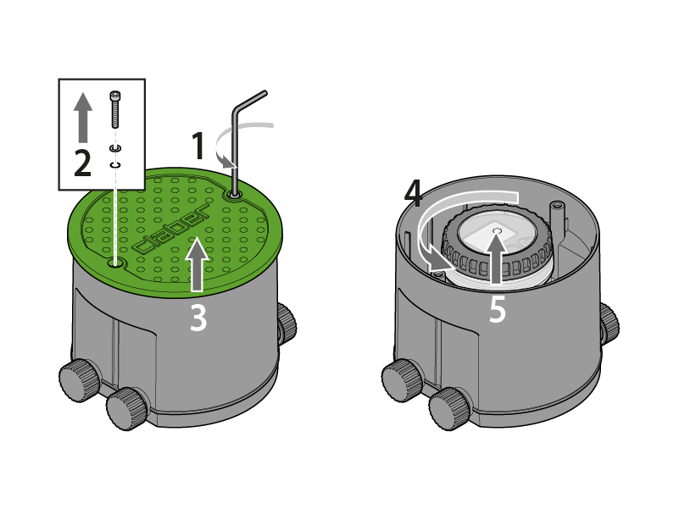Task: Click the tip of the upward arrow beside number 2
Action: pos(83,92)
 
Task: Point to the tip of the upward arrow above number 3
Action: pos(197,237)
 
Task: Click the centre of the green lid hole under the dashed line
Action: pos(114,263)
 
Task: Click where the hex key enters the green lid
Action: pos(234,196)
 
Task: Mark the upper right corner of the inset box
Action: pos(145,80)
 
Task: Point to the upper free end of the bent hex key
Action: pos(265,92)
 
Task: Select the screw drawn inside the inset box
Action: pos(114,109)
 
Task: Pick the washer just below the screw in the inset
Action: pos(114,148)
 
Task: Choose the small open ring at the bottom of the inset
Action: pos(114,165)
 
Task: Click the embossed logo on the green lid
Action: pos(170,230)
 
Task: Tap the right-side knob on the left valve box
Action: pos(287,324)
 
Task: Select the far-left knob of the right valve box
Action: pos(403,379)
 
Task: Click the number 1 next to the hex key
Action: pos(198,146)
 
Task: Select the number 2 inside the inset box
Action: pos(83,163)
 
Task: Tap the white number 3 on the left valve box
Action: pos(198,318)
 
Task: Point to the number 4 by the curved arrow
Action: pos(414,194)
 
